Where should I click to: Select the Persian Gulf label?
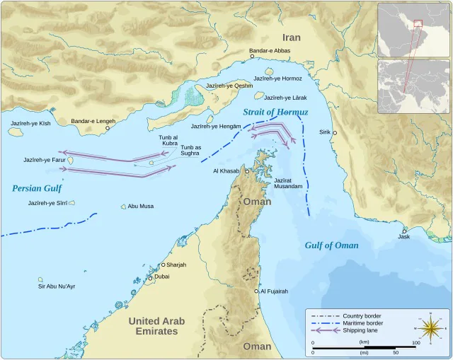coord(37,188)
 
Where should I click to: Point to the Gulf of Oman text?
coord(331,245)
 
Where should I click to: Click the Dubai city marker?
coord(150,277)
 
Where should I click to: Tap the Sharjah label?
coord(176,265)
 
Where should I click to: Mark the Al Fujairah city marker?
coord(257,291)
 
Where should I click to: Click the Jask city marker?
coord(404,231)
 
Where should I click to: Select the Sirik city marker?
coord(335,133)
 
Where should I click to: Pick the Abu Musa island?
coord(123,207)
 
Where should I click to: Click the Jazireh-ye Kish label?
coord(30,123)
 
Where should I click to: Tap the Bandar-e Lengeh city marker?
coord(108,128)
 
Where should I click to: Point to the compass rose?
coord(429,328)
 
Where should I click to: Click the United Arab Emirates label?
coord(156,326)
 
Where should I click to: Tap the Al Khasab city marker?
coord(247,171)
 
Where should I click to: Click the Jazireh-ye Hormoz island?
coord(269,71)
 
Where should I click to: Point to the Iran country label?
coord(291,37)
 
